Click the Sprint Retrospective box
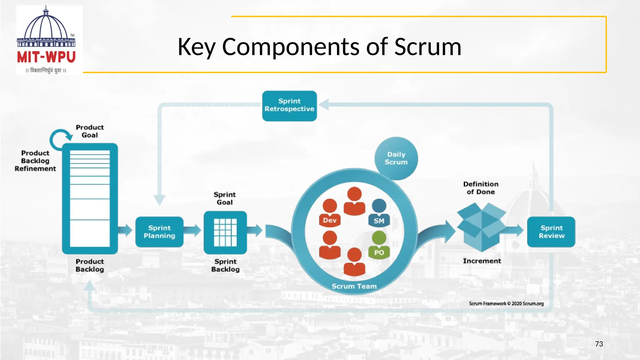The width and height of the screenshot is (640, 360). click(289, 106)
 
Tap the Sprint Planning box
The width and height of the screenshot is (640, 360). click(159, 232)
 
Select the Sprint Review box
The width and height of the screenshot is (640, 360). click(551, 232)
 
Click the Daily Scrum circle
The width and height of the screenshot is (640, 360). click(396, 158)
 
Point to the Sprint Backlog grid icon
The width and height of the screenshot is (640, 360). click(225, 232)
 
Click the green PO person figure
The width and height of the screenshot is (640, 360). click(379, 245)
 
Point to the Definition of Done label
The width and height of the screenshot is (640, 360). click(481, 188)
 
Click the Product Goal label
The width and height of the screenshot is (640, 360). click(90, 131)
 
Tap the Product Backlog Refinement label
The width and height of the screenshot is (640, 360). click(35, 161)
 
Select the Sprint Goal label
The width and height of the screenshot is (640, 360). click(225, 198)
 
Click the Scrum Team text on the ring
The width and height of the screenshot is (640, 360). click(354, 286)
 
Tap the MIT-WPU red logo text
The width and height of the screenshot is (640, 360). click(46, 57)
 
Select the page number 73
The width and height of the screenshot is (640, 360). click(599, 344)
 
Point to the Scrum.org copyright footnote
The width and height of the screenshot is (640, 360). click(506, 303)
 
